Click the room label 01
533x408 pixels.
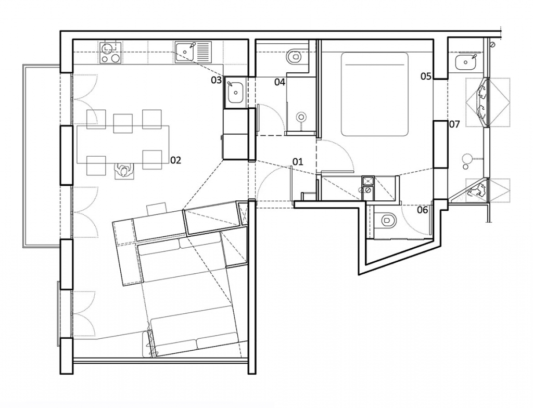click(297, 161)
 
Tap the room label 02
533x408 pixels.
click(176, 160)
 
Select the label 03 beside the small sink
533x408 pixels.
click(216, 80)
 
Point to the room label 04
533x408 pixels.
click(280, 82)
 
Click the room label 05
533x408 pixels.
click(426, 76)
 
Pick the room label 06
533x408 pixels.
click(423, 210)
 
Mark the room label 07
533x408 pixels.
click(454, 124)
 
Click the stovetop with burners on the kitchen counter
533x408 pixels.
click(111, 53)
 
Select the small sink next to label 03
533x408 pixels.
click(235, 92)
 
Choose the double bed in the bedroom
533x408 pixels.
click(375, 94)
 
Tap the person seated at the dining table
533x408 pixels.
click(125, 171)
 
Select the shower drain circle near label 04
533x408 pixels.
click(301, 118)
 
